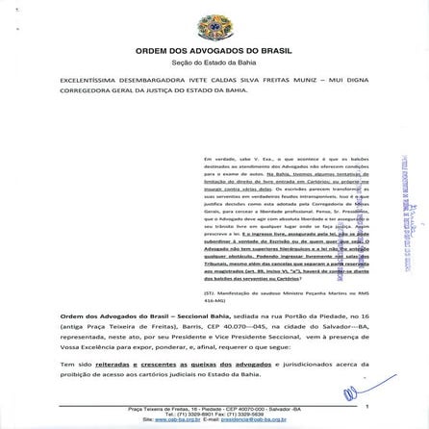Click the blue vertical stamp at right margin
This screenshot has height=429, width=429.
pos(401,192)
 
